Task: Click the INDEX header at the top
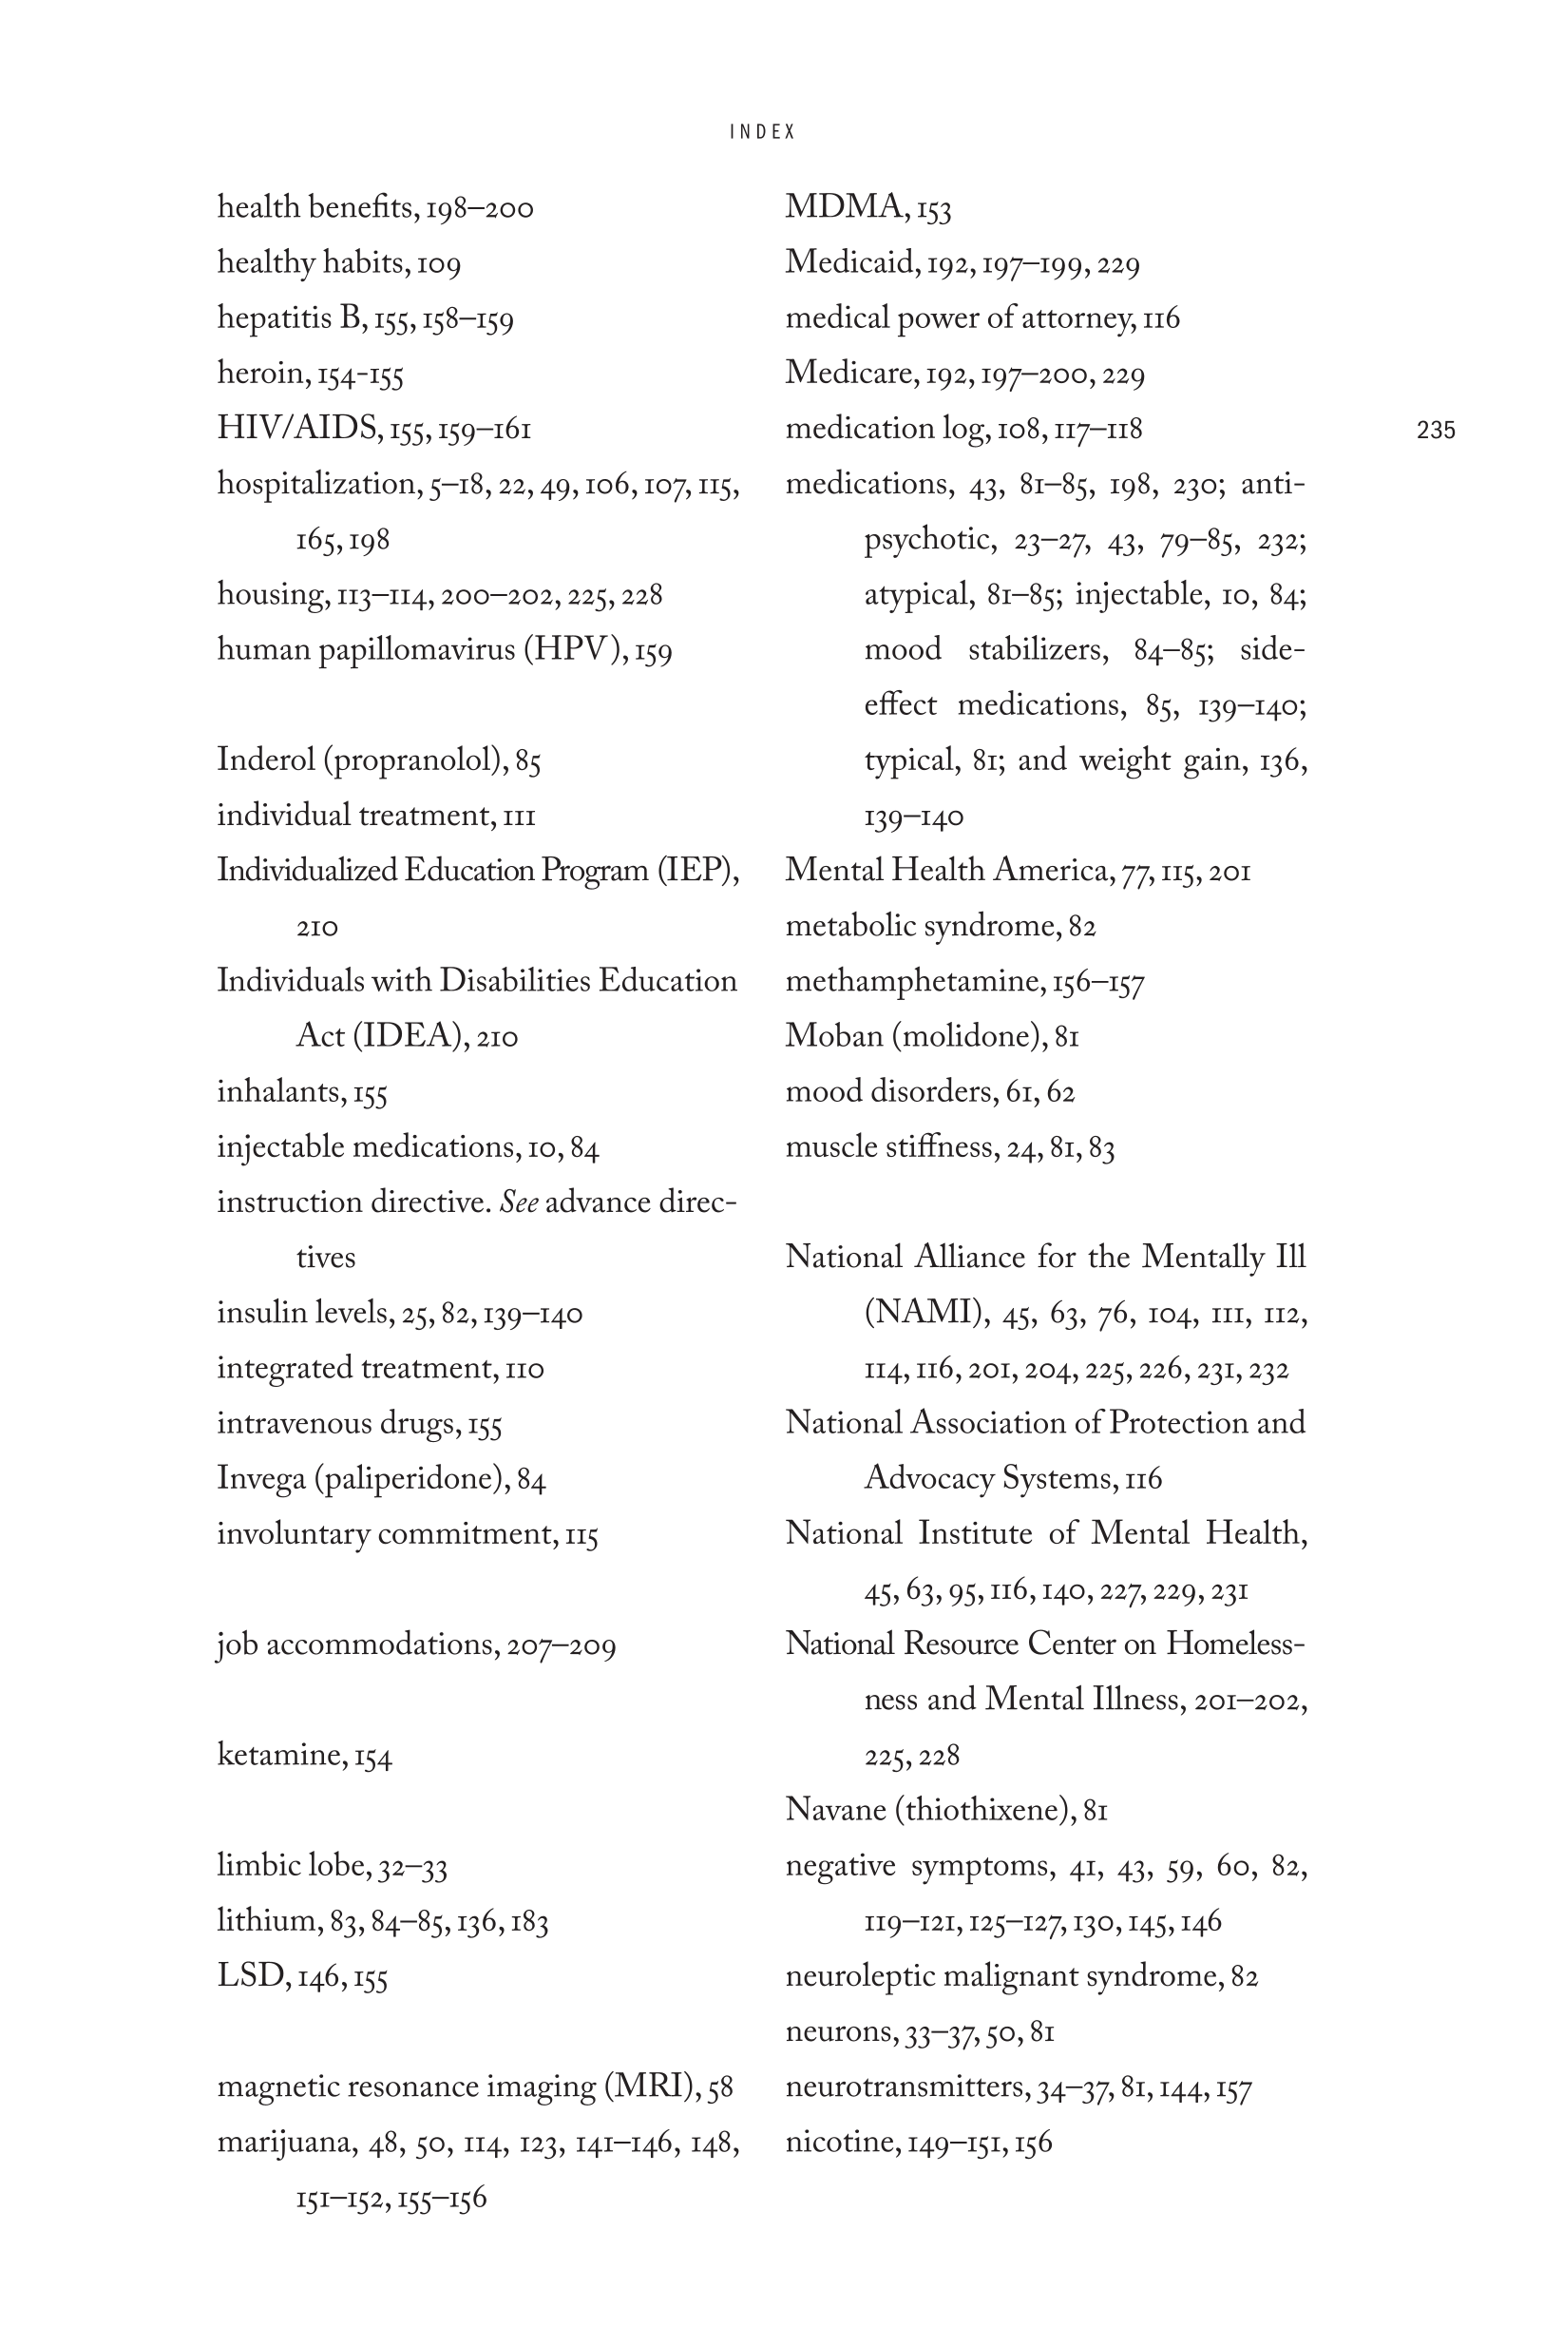(763, 131)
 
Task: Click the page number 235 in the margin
(1436, 430)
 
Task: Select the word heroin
(262, 373)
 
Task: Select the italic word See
(519, 1202)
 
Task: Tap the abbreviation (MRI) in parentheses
(651, 2086)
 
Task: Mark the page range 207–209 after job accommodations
(562, 1644)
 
